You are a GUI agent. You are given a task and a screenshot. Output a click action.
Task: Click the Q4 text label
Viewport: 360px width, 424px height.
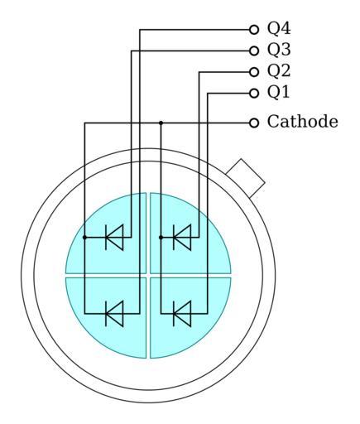279,29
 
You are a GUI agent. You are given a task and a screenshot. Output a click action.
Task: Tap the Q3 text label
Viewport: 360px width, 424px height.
279,50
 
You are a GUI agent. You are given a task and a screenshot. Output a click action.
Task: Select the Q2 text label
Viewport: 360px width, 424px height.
279,71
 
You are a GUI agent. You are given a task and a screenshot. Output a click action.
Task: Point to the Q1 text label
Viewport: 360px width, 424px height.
278,92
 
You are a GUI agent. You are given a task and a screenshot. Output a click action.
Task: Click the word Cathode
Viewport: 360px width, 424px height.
302,122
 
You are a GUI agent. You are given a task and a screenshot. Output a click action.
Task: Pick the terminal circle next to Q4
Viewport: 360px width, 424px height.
254,29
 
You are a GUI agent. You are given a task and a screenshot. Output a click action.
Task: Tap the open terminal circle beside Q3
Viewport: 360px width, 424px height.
254,51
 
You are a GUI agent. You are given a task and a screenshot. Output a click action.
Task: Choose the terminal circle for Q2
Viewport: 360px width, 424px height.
254,72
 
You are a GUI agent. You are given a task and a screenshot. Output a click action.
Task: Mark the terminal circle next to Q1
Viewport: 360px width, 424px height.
254,94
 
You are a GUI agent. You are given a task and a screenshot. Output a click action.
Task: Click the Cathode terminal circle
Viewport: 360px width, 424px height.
254,123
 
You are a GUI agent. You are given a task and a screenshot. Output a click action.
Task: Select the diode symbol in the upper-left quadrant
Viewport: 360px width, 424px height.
114,237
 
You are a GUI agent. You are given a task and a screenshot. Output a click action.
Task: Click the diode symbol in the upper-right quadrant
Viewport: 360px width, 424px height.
182,237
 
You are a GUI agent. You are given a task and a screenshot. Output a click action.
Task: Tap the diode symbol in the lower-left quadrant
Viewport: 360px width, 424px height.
114,314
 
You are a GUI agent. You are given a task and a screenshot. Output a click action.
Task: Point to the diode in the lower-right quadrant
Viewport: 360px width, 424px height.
182,314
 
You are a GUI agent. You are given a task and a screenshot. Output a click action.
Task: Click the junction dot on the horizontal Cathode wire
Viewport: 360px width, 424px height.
161,123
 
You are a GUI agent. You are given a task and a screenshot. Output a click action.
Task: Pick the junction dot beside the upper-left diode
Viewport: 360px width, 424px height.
84,237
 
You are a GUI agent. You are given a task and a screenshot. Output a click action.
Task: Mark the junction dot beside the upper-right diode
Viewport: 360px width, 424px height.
161,237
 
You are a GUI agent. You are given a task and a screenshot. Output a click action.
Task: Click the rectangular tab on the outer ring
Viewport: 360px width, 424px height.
245,178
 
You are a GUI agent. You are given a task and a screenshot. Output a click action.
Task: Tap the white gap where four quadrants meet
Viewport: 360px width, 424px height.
148,276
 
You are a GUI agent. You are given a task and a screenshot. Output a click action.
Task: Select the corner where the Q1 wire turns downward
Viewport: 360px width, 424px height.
208,94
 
